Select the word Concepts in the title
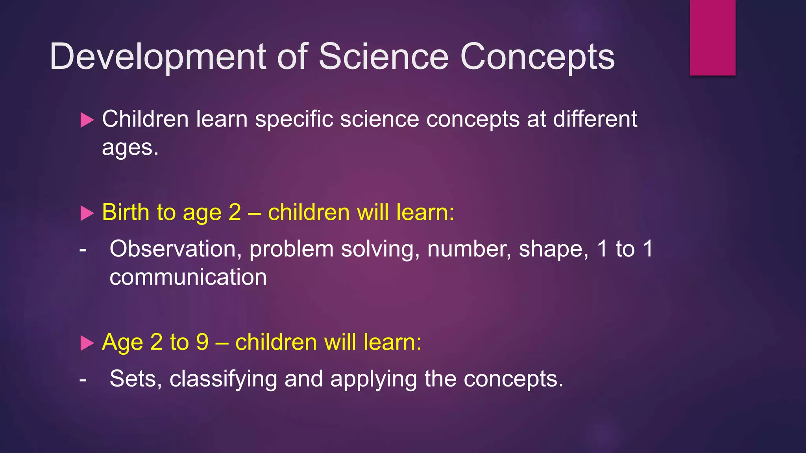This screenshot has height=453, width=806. [x=537, y=57]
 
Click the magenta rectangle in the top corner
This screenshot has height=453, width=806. [x=712, y=37]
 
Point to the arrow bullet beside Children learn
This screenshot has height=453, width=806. [x=87, y=120]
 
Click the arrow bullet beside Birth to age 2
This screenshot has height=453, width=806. [x=87, y=214]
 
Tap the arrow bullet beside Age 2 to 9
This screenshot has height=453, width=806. [x=87, y=343]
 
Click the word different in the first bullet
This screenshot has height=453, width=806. [x=595, y=119]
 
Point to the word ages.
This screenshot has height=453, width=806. [x=130, y=148]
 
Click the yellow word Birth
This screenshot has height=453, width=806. [x=126, y=212]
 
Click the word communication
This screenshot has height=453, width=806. [x=188, y=277]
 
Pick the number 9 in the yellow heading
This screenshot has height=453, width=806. [x=202, y=342]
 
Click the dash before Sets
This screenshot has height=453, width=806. [x=83, y=379]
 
